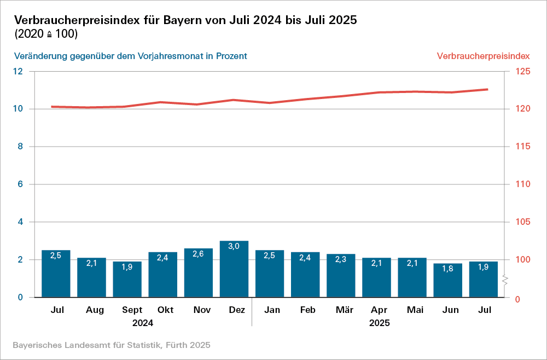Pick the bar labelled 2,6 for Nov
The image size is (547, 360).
[199, 273]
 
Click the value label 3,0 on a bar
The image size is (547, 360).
[234, 246]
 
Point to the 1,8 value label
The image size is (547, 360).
[447, 269]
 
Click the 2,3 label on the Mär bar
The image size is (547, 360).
[341, 259]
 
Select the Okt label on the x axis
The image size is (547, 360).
[165, 310]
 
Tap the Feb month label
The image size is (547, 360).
[307, 310]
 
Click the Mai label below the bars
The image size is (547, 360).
[415, 310]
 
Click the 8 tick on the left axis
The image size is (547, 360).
[20, 147]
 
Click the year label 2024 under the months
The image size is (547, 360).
[143, 323]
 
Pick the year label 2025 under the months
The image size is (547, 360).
[380, 323]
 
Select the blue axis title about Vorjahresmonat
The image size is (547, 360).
[131, 56]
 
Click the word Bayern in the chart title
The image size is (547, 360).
[189, 20]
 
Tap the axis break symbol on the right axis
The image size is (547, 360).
[506, 280]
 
